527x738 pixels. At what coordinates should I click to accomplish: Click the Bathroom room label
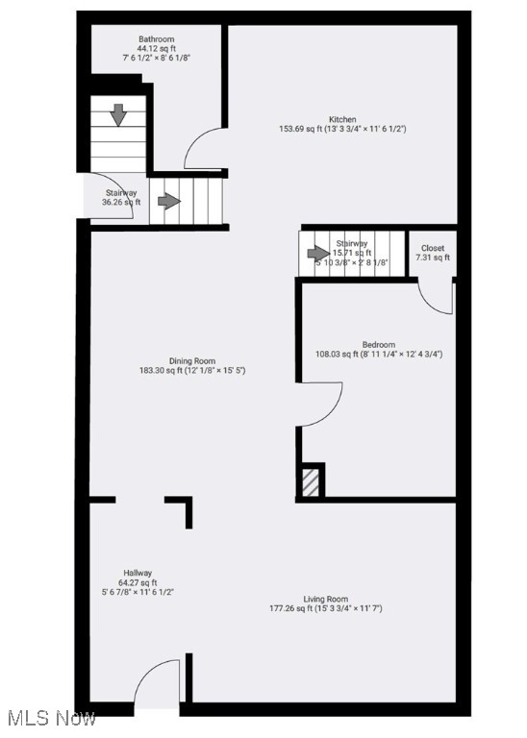point(156,38)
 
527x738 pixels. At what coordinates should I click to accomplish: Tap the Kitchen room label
point(342,117)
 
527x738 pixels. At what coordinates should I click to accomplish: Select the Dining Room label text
point(192,360)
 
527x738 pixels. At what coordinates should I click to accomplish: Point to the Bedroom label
point(378,344)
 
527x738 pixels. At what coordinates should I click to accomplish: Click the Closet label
point(432,248)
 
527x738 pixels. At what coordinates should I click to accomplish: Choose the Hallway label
point(136,573)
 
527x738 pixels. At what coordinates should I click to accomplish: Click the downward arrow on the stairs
point(118,115)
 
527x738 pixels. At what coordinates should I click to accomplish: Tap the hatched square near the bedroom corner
point(310,481)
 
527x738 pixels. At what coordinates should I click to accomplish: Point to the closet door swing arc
point(436,297)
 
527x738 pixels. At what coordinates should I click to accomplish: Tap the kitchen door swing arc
point(205,151)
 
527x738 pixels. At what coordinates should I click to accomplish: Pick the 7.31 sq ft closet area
point(432,258)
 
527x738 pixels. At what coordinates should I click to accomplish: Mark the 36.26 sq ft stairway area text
point(122,203)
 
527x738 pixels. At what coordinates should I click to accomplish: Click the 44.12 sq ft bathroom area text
point(156,48)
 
